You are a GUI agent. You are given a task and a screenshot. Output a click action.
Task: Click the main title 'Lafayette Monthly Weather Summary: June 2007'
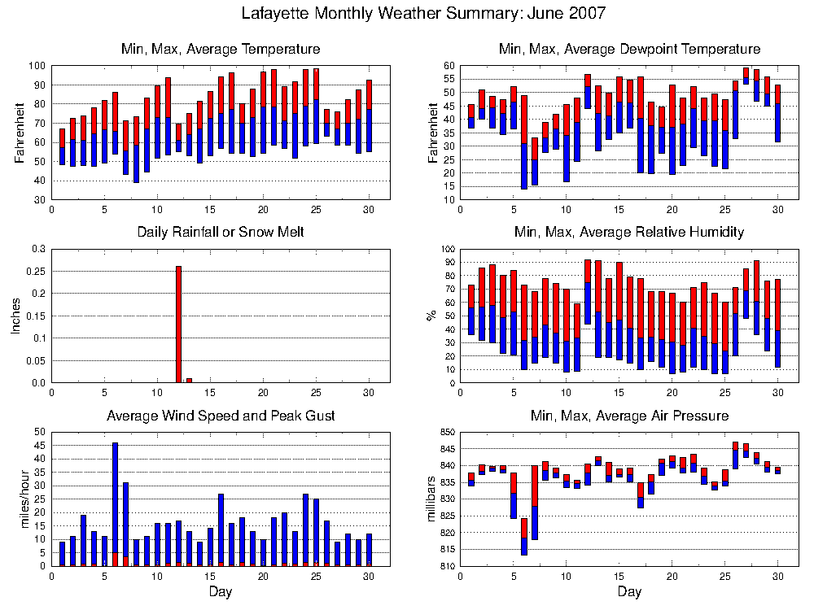click(x=423, y=13)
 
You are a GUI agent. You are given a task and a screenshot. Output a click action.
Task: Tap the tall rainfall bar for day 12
click(x=178, y=325)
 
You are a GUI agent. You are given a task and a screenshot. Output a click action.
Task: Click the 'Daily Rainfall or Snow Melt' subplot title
click(x=221, y=232)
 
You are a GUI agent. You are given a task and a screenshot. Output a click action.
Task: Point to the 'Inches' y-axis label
click(x=15, y=316)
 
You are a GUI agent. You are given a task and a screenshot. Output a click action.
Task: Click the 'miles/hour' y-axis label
click(x=24, y=499)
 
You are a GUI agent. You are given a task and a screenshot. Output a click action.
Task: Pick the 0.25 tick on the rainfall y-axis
click(x=38, y=272)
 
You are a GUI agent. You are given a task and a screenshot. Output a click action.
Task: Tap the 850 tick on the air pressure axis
click(x=448, y=432)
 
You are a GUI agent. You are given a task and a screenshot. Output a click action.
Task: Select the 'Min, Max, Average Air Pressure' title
click(x=630, y=416)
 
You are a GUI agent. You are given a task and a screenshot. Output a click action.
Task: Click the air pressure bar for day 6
click(x=524, y=536)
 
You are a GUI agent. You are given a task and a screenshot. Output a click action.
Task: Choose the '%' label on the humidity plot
click(x=431, y=316)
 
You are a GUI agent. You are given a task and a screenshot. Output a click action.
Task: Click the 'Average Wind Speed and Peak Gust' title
click(x=221, y=416)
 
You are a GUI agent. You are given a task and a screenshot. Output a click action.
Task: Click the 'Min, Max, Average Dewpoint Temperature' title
click(x=630, y=49)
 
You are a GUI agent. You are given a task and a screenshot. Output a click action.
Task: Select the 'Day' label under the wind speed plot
click(x=221, y=592)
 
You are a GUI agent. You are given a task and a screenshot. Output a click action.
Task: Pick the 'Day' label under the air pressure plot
click(x=630, y=592)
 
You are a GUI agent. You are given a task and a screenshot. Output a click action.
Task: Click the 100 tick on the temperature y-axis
click(x=38, y=66)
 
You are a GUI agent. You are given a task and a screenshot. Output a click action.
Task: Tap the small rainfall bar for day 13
click(x=189, y=381)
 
